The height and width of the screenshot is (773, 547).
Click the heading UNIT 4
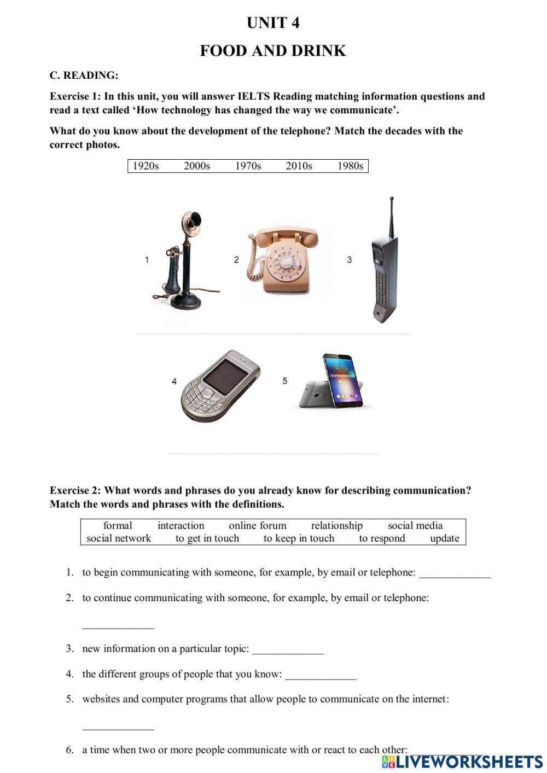point(273,23)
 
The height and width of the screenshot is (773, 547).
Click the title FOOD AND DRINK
point(273,51)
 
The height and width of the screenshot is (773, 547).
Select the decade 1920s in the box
point(146,166)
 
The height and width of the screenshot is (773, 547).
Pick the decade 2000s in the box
point(197,166)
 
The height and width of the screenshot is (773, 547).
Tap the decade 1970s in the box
point(248,166)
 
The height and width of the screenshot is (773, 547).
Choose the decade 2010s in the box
point(299,166)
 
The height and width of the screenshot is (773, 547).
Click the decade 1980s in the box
point(350,166)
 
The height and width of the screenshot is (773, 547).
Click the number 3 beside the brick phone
point(350,260)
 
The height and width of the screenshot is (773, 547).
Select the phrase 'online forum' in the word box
point(258,526)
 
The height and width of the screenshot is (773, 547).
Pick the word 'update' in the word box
point(444,538)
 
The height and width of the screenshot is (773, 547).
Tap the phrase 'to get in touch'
point(207,538)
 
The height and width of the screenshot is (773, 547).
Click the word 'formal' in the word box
point(118,526)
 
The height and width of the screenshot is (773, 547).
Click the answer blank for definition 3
point(288,650)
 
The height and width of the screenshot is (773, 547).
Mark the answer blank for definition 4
point(321,675)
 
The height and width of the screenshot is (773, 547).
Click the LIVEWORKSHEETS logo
point(462,762)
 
